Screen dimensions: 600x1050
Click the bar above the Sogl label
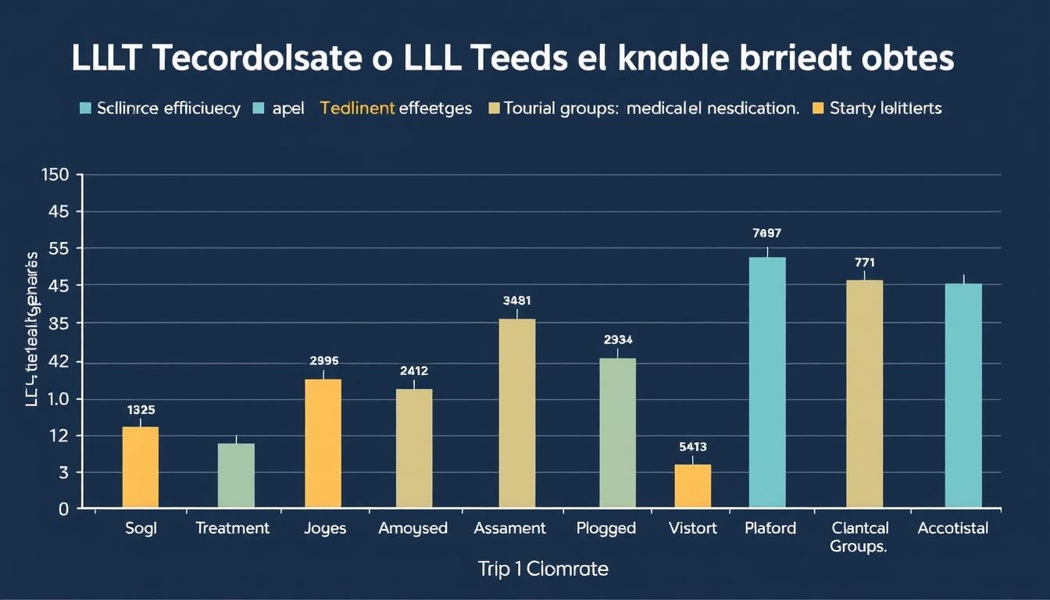point(141,467)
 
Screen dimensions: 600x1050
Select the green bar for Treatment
point(236,476)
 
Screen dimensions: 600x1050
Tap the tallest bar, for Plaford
point(767,383)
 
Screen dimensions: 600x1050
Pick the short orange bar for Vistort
point(693,486)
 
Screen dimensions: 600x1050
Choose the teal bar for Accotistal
point(963,395)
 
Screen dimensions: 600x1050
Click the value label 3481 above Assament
point(516,300)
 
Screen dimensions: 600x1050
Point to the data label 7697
point(767,233)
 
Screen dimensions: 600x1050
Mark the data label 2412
point(414,371)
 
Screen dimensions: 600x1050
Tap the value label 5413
point(693,447)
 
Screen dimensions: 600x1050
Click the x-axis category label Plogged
point(606,528)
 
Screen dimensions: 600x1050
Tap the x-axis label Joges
point(325,528)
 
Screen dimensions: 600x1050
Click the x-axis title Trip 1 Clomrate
point(543,570)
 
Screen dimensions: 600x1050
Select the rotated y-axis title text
point(33,329)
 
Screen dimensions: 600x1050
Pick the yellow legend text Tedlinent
point(357,109)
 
